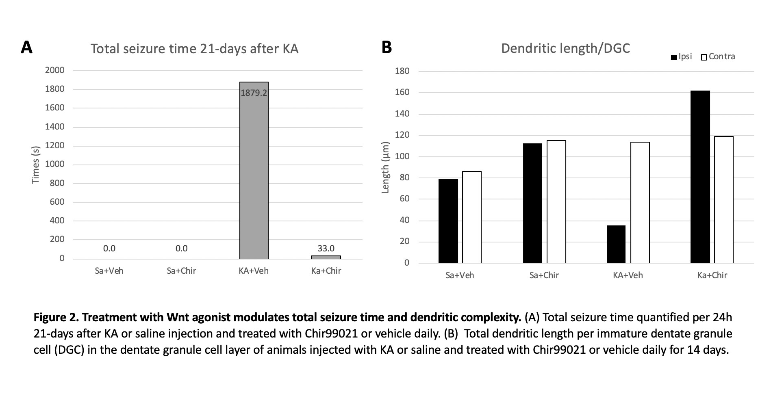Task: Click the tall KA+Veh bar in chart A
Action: pyautogui.click(x=254, y=175)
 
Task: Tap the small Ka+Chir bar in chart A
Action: pyautogui.click(x=326, y=257)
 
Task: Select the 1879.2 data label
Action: pyautogui.click(x=254, y=93)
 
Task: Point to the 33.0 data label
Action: pyautogui.click(x=326, y=248)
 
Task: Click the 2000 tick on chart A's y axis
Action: pyautogui.click(x=55, y=70)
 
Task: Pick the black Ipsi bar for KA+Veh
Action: pyautogui.click(x=616, y=244)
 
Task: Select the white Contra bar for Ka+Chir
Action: pyautogui.click(x=723, y=199)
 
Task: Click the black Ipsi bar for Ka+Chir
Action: pyautogui.click(x=700, y=177)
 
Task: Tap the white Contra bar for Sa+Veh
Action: pyautogui.click(x=471, y=217)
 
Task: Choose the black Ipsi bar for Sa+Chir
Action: pyautogui.click(x=532, y=203)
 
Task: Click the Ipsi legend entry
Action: pyautogui.click(x=681, y=57)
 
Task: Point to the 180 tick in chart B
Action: pyautogui.click(x=402, y=71)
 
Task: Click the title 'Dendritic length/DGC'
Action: pyautogui.click(x=565, y=48)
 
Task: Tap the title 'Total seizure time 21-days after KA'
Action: pyautogui.click(x=194, y=49)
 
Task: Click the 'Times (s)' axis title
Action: pyautogui.click(x=36, y=164)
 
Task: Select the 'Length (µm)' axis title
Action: pyautogui.click(x=385, y=167)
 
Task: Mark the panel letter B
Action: pyautogui.click(x=387, y=47)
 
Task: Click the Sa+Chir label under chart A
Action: pyautogui.click(x=181, y=271)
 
